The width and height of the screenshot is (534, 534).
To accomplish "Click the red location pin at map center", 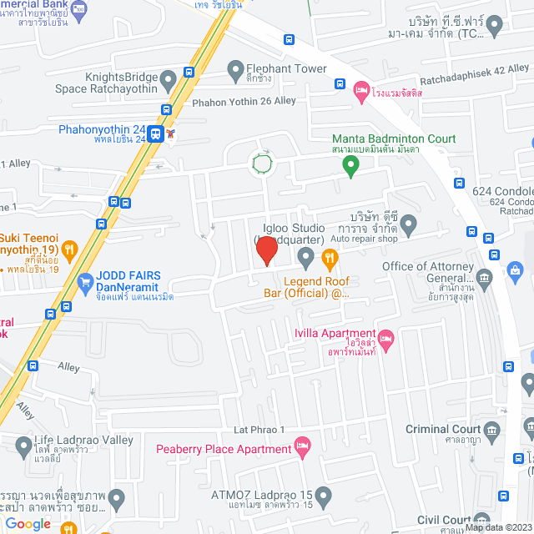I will coord(267,249).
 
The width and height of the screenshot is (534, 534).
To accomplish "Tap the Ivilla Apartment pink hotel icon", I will coord(385,339).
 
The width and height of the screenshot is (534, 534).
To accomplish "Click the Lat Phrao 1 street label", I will coord(259,430).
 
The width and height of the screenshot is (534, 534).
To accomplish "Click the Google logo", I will coord(28,523).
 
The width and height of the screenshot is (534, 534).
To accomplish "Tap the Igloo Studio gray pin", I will coord(306,255).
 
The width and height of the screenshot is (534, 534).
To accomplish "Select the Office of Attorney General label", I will coord(426,267).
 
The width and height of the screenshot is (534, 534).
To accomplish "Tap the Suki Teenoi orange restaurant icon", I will coord(70,247).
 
